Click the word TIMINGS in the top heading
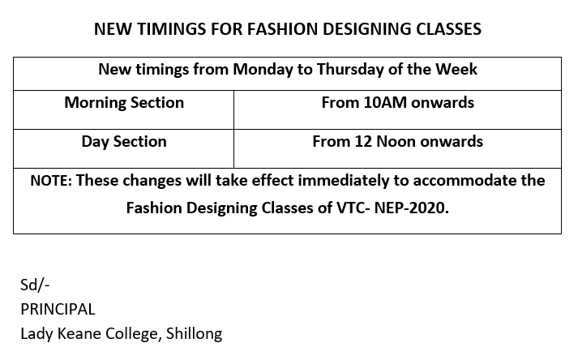click(x=171, y=29)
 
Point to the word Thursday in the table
click(x=350, y=70)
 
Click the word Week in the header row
click(x=456, y=69)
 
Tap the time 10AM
click(x=385, y=102)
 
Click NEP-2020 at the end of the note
click(x=411, y=208)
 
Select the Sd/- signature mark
click(x=35, y=285)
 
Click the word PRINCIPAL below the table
click(x=58, y=310)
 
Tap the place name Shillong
click(x=195, y=334)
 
